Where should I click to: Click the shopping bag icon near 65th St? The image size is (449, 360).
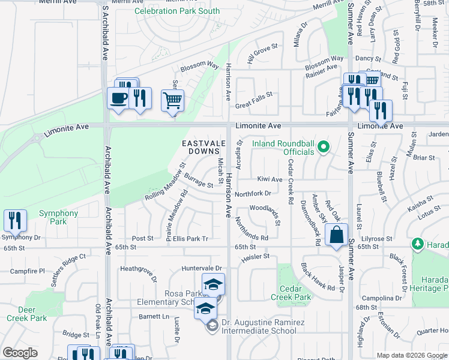point(337,235)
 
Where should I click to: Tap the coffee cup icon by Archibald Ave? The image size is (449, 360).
point(118,98)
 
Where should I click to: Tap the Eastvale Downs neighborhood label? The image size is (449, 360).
point(202,148)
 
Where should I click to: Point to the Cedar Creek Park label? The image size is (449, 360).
point(291,293)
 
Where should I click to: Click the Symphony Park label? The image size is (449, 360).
point(59,218)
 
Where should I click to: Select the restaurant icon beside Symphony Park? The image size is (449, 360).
point(14,220)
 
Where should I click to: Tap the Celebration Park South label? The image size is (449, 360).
point(177,11)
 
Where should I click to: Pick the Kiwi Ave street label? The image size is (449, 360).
point(270,179)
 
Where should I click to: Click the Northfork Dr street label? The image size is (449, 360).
point(253,194)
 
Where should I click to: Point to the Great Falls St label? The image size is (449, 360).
point(254,94)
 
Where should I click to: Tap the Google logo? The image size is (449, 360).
point(20,353)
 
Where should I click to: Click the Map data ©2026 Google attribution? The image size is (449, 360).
point(412,355)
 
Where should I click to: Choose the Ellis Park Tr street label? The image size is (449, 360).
point(190,238)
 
